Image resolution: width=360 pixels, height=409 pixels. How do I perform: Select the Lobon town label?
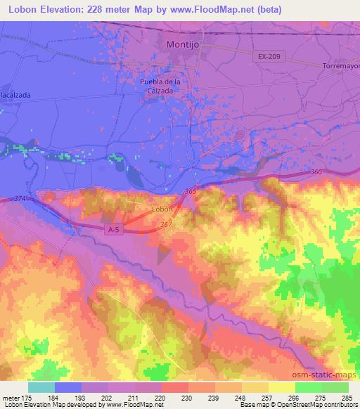(162, 209)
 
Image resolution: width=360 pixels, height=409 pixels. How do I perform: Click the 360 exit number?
(316, 172)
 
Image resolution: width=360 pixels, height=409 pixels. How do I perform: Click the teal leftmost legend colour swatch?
(41, 387)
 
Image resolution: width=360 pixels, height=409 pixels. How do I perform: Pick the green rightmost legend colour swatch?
(335, 387)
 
